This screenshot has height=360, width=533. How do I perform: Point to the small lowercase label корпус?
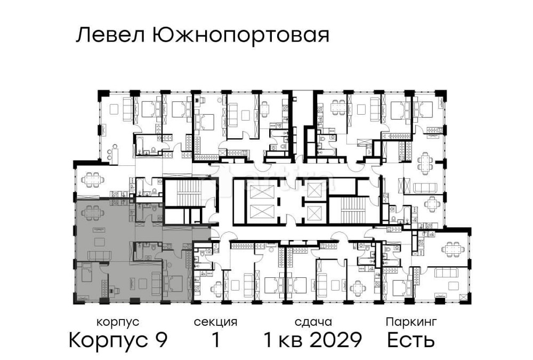118,322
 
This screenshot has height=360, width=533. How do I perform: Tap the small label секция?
215,322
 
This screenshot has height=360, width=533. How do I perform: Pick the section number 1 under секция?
216,340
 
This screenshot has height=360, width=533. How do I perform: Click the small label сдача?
313,322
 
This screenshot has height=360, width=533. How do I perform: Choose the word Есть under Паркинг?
411,340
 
